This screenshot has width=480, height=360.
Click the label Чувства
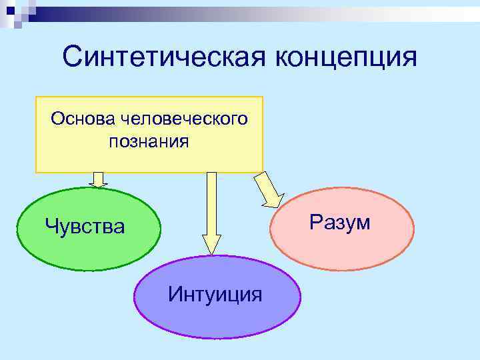pyautogui.click(x=85, y=227)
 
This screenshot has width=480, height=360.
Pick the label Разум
pyautogui.click(x=341, y=222)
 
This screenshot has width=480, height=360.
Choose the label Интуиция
pyautogui.click(x=215, y=293)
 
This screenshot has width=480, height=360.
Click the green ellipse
pyautogui.click(x=90, y=253)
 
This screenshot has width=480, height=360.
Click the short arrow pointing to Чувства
pyautogui.click(x=99, y=179)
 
